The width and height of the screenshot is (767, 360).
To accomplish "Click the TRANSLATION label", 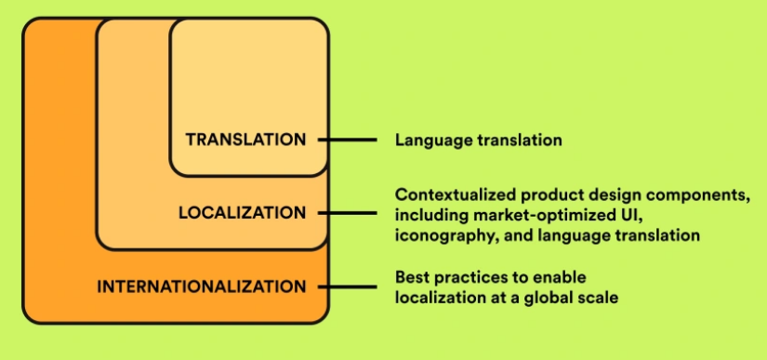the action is [x=245, y=140].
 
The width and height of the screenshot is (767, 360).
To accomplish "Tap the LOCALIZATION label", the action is [x=242, y=213].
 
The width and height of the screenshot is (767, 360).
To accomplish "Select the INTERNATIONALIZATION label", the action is [x=201, y=287].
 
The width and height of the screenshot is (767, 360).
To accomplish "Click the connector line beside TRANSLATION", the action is [x=347, y=140].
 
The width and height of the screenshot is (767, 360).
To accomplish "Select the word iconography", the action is [x=438, y=235].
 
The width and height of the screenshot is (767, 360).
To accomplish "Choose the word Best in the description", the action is [x=412, y=277].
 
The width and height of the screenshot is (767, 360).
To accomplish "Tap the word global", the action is [x=536, y=298].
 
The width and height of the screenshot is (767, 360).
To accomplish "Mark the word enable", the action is [x=562, y=277].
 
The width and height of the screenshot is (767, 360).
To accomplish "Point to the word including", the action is [x=429, y=215].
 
